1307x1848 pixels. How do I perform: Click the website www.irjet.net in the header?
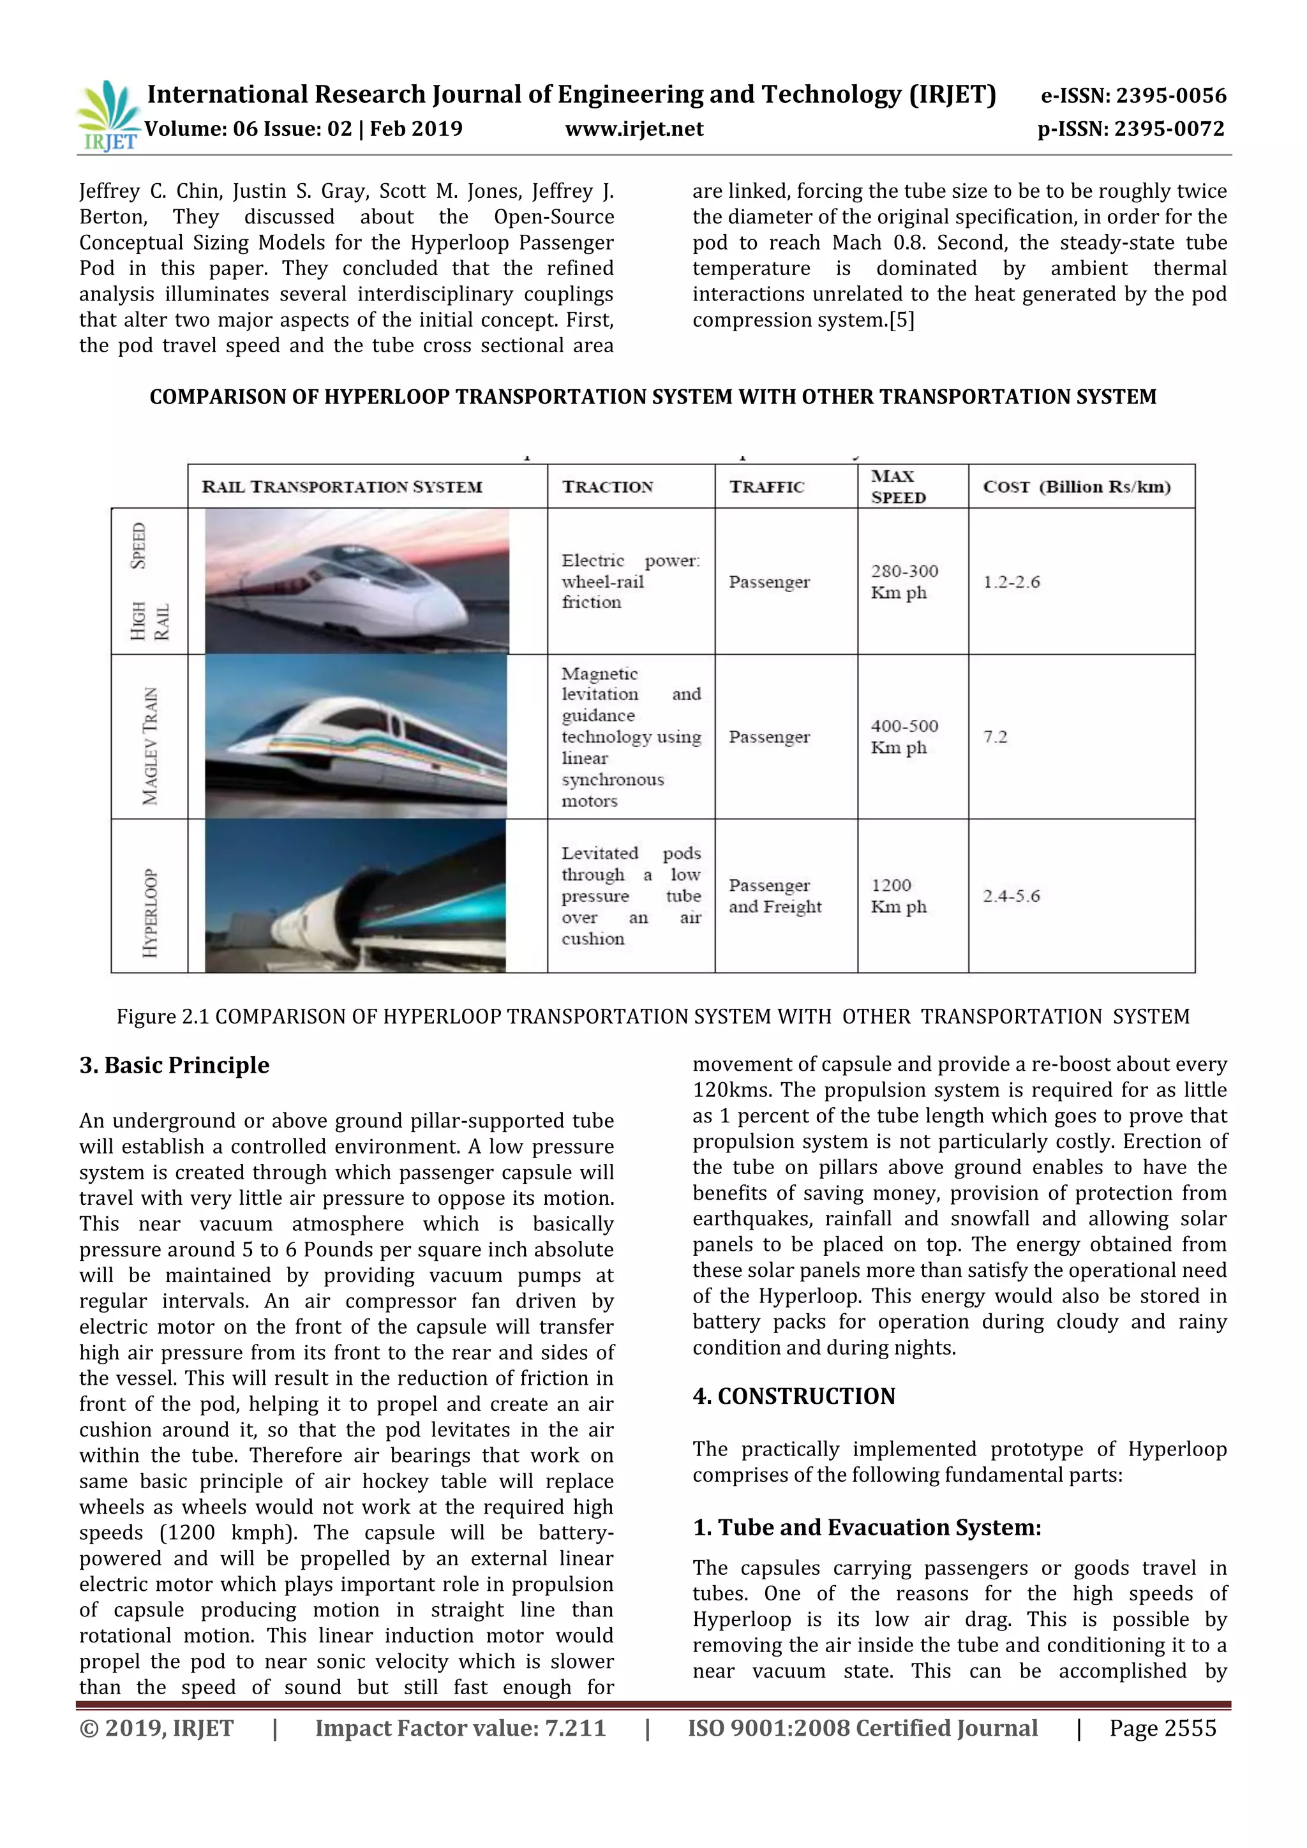tap(634, 129)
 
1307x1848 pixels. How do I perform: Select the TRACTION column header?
tap(608, 487)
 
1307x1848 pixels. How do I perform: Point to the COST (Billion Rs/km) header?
tap(1076, 487)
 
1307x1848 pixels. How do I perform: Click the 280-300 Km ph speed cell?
tap(904, 581)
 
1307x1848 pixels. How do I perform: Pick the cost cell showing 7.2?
tap(996, 736)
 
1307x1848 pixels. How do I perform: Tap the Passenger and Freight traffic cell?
tap(775, 896)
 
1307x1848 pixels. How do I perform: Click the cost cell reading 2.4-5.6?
tap(1011, 896)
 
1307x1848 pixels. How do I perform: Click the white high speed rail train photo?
tap(357, 581)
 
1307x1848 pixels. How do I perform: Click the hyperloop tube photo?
tap(355, 896)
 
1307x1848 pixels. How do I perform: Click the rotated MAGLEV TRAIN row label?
tap(150, 746)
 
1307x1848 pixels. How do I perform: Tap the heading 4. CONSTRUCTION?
tap(793, 1396)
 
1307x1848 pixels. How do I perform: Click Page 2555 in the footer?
tap(1162, 1728)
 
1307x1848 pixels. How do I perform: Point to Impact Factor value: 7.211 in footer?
tap(459, 1728)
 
